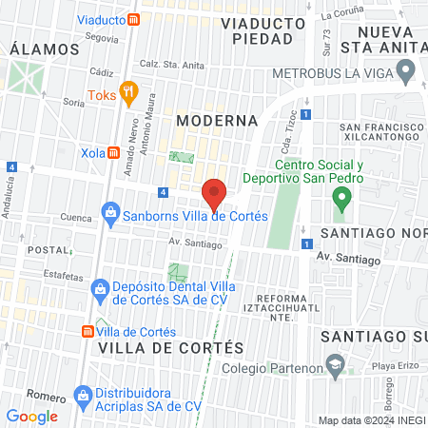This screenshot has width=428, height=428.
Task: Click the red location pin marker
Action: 214,194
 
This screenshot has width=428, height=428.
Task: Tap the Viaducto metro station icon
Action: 135,18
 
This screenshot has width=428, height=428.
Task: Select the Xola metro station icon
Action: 112,152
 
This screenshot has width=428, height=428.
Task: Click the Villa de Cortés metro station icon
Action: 87,331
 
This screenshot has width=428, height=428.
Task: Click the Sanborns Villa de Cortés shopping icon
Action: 111,214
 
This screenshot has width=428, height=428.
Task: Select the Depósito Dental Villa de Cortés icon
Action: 99,288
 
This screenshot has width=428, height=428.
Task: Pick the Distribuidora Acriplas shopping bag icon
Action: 83,395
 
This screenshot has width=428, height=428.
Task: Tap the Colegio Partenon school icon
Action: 334,367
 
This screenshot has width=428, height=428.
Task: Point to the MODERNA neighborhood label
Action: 216,121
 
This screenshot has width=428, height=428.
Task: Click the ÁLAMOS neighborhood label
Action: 44,49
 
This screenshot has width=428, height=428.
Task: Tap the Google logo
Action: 31,416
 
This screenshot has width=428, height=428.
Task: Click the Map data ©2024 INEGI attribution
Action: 370,420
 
